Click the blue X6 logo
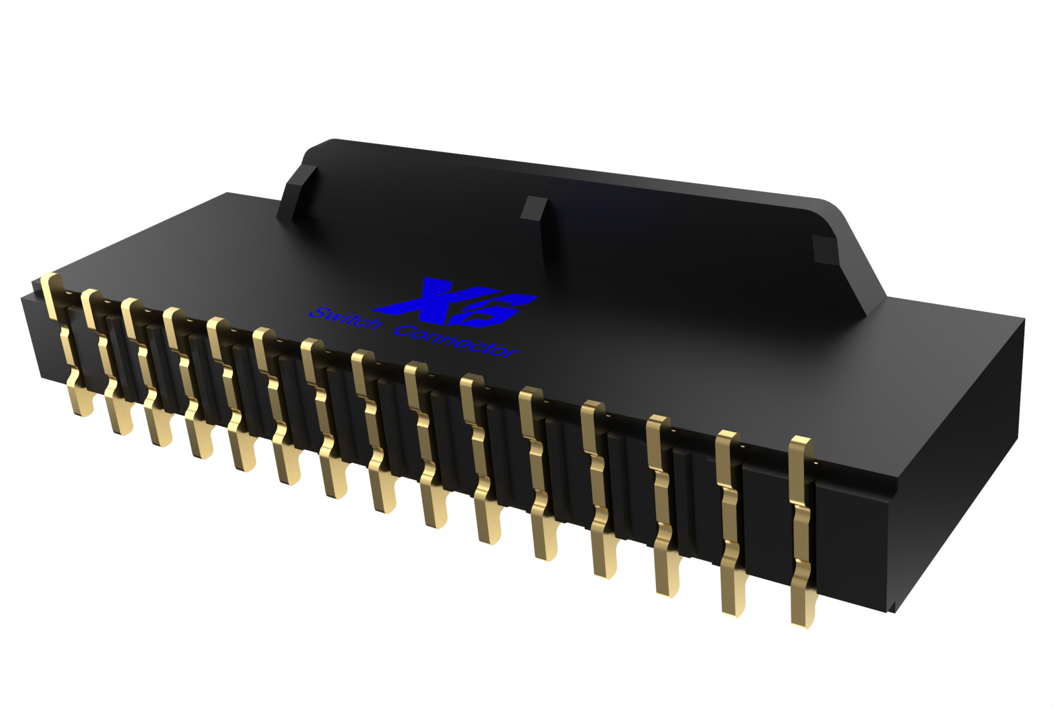(x=455, y=304)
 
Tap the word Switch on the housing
(x=345, y=319)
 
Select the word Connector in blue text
(x=455, y=340)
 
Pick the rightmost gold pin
(x=802, y=528)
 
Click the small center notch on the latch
(x=533, y=209)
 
